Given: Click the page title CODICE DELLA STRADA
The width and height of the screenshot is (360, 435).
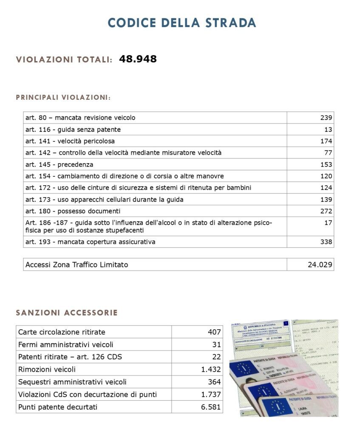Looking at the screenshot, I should (182, 23).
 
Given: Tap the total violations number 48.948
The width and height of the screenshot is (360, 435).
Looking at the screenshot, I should (138, 59).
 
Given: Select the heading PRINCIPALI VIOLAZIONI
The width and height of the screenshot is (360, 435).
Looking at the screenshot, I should (63, 97).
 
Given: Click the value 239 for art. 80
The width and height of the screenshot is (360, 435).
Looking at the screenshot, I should (326, 118).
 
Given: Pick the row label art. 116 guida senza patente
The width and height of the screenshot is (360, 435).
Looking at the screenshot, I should (73, 130).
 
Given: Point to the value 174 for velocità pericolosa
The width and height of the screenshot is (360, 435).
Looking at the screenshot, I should (326, 141).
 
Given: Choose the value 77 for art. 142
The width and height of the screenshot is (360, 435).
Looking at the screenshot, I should (328, 153).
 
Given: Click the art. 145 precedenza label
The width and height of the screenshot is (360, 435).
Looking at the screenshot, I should (59, 164).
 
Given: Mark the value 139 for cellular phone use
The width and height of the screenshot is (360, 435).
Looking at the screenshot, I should (326, 199).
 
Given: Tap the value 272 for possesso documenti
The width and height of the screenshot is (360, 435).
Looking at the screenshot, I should (326, 211).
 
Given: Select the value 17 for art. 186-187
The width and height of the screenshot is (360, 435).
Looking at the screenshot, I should (328, 223).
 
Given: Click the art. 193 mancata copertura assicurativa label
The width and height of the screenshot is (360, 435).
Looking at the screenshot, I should (90, 242).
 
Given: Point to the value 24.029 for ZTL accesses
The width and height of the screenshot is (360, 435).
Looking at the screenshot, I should (320, 265).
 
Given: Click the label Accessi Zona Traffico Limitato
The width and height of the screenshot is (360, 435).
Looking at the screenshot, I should (77, 265).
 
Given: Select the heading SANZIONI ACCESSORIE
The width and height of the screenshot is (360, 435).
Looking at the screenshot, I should (67, 313).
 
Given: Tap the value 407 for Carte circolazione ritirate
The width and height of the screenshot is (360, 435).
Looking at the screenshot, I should (214, 332).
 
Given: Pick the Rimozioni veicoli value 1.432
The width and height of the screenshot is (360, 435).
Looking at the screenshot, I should (211, 370).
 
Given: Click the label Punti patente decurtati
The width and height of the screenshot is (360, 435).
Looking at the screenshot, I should (58, 407).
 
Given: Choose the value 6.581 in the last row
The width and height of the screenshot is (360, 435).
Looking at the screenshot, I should (211, 407).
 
